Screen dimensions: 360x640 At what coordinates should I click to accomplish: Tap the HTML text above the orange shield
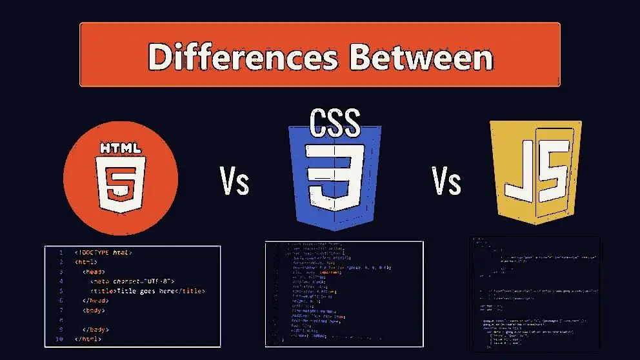click(121, 148)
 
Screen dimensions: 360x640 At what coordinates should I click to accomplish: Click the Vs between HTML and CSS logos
click(234, 182)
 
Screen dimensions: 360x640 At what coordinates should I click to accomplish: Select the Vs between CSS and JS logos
click(446, 182)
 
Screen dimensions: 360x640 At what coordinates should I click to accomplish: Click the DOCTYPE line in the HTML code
click(103, 252)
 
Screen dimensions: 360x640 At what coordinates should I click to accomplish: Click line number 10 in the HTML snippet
click(59, 339)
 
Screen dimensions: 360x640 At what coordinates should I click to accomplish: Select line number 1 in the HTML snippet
click(60, 252)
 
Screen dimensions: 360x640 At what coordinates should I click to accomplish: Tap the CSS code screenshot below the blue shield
click(344, 294)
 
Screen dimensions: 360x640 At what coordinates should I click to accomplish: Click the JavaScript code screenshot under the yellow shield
click(534, 294)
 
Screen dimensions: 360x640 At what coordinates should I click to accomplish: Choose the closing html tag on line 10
click(88, 339)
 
